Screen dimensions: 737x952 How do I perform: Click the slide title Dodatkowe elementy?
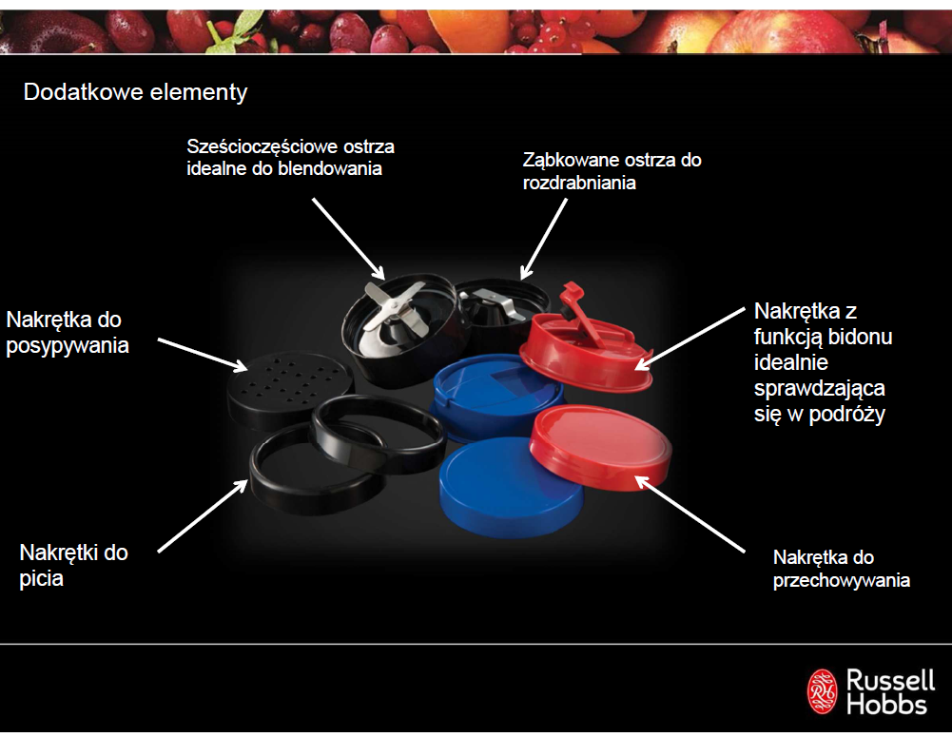(x=135, y=92)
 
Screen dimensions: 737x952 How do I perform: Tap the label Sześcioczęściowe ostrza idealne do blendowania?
(x=291, y=158)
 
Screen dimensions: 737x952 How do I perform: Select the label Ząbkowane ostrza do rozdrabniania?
(x=612, y=171)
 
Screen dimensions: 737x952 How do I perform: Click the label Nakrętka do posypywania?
(x=68, y=332)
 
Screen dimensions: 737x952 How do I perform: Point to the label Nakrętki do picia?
(x=74, y=564)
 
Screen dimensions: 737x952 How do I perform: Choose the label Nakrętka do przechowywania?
(x=842, y=569)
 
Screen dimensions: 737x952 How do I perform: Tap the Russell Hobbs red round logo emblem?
(x=823, y=691)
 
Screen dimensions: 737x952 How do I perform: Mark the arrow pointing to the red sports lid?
(x=690, y=335)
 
